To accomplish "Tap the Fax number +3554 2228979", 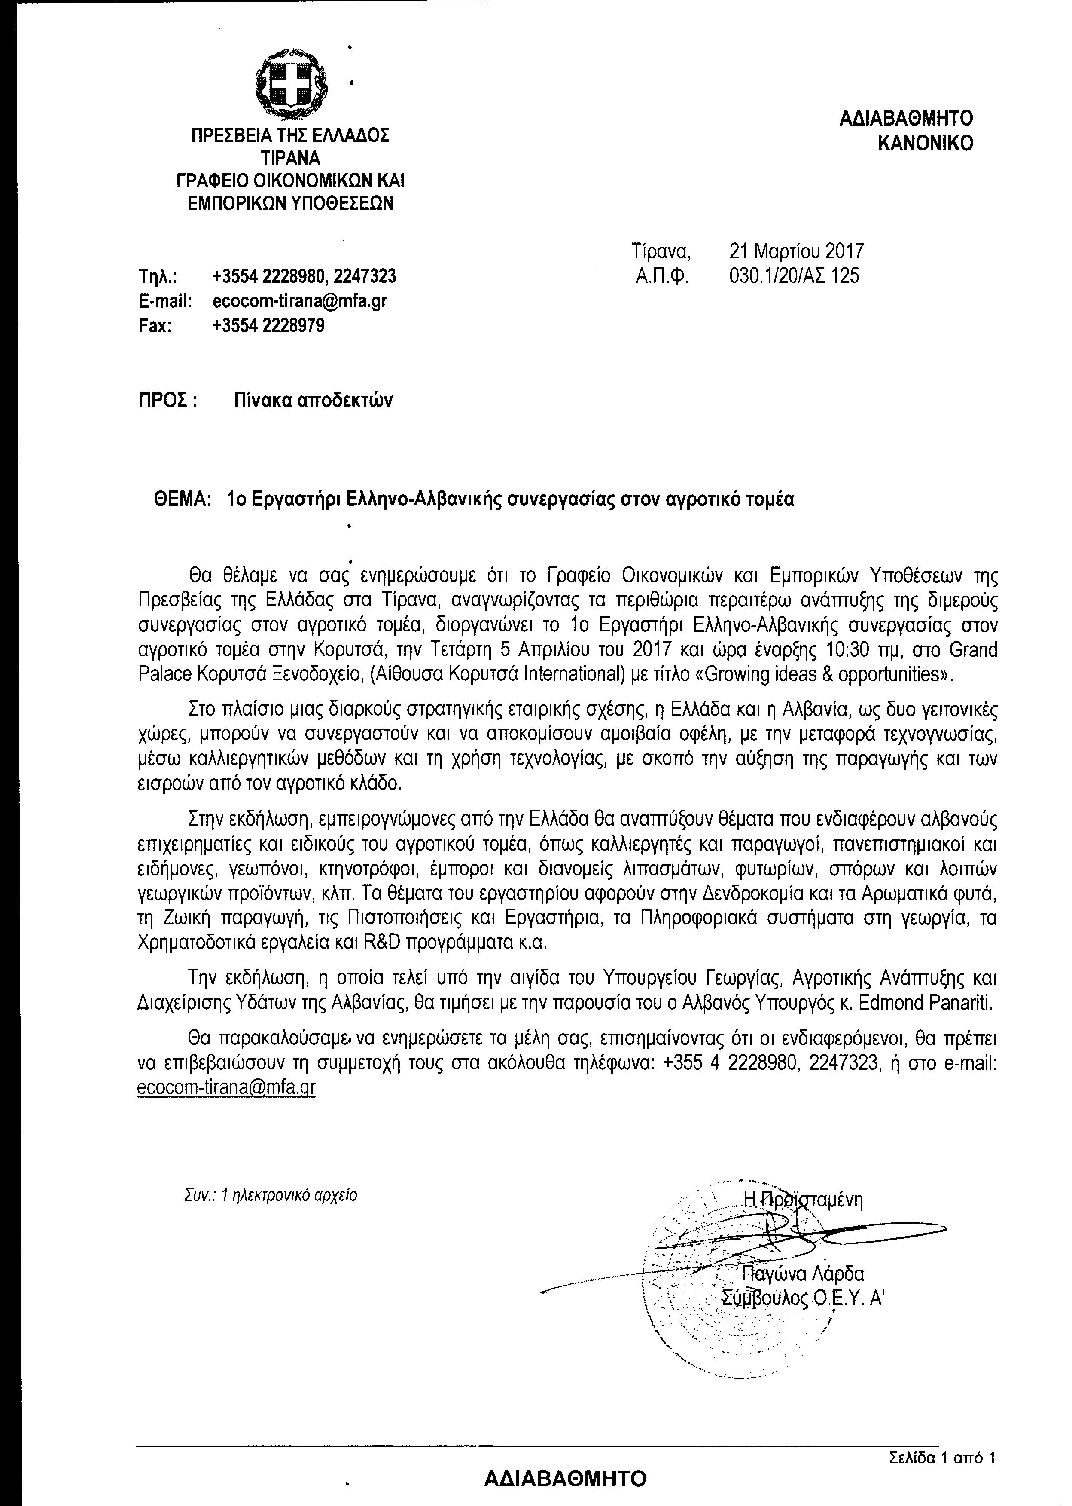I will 269,326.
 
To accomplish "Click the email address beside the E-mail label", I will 300,301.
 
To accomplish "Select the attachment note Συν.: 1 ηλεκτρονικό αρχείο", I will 271,1196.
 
